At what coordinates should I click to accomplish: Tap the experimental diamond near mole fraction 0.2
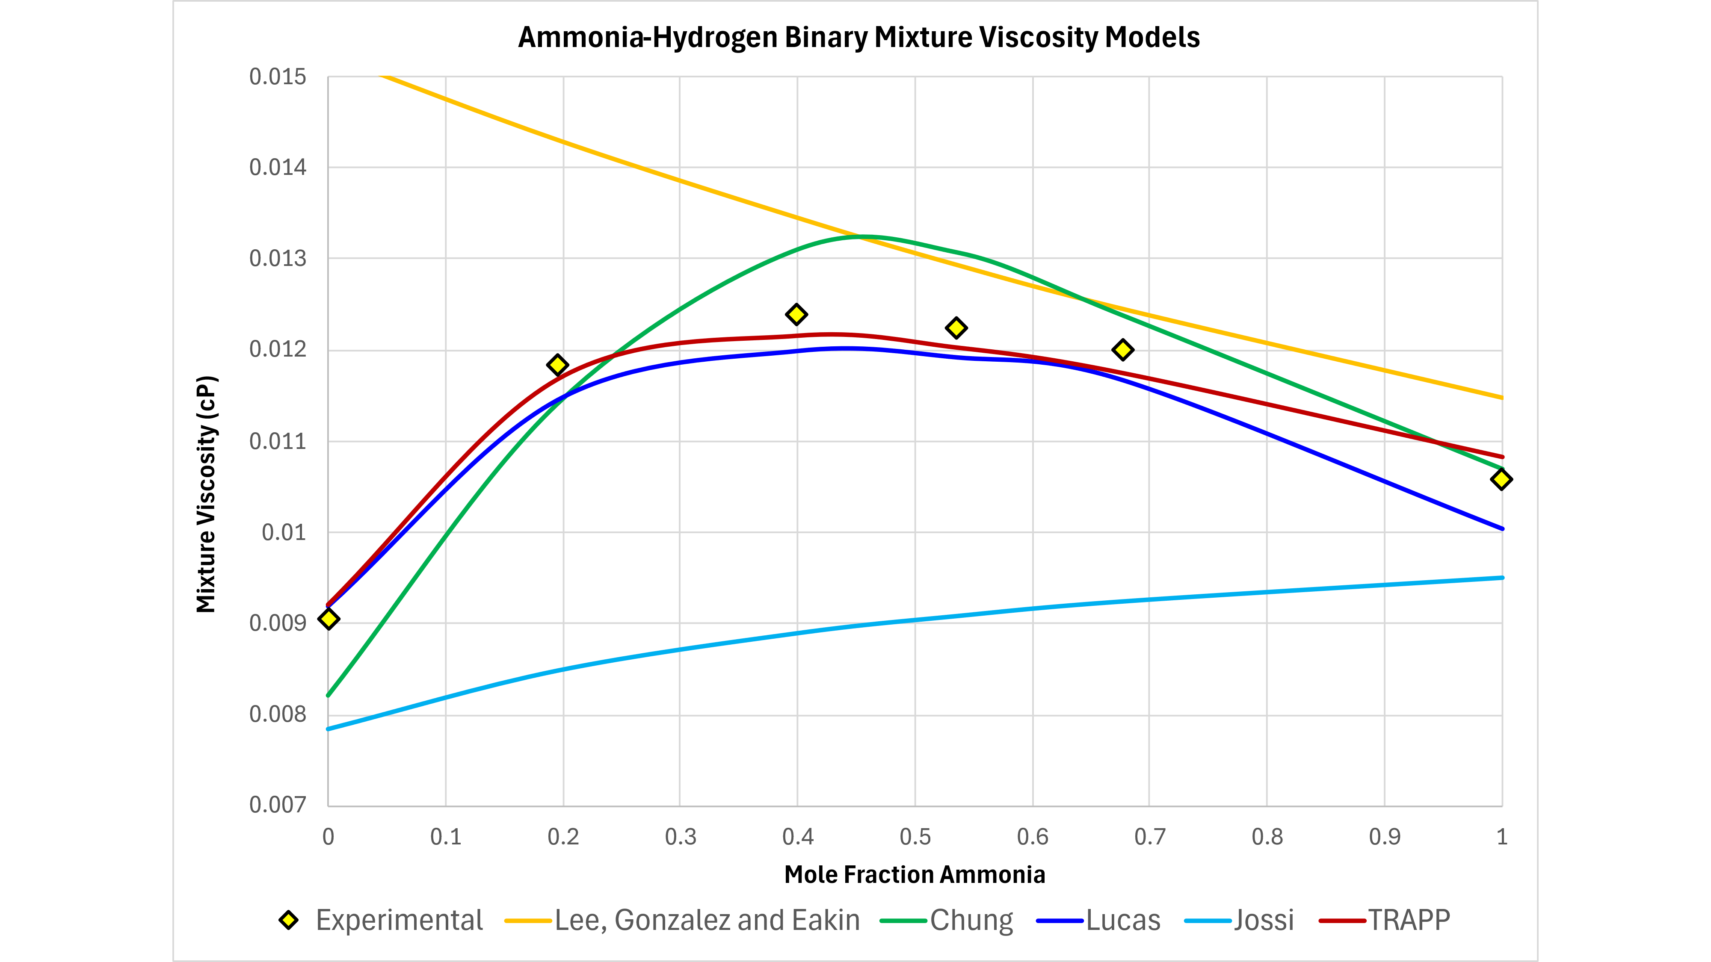[557, 364]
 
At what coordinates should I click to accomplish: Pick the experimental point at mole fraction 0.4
[796, 314]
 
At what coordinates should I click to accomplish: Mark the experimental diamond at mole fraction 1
[1501, 479]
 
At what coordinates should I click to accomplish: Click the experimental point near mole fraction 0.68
[1122, 350]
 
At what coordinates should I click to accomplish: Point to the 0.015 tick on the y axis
[278, 77]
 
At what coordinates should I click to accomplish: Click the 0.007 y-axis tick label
[278, 806]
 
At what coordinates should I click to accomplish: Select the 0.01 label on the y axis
[284, 532]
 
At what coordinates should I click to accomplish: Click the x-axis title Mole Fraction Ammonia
[915, 875]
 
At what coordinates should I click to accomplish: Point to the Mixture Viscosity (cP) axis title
[207, 495]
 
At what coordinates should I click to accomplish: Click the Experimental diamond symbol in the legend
[288, 920]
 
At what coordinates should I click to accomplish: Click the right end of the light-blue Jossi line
[1501, 578]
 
